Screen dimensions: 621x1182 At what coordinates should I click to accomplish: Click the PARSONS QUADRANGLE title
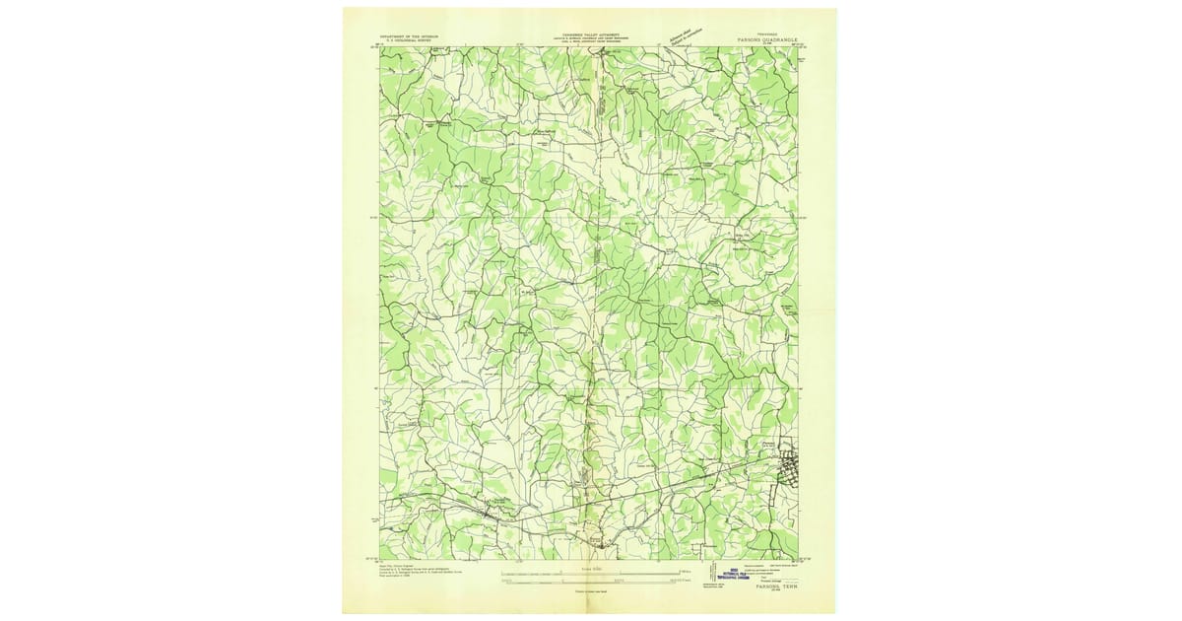click(759, 40)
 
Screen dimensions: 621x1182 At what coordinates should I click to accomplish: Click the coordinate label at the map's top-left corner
click(375, 44)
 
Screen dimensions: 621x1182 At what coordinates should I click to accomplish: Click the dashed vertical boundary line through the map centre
click(595, 296)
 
